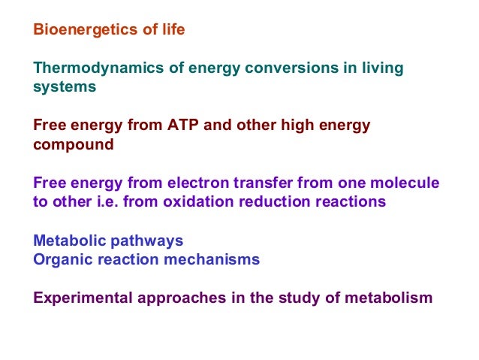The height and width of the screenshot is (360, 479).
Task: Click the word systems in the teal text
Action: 65,87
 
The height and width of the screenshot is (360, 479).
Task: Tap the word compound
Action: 74,144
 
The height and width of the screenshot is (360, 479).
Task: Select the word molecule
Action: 406,183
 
